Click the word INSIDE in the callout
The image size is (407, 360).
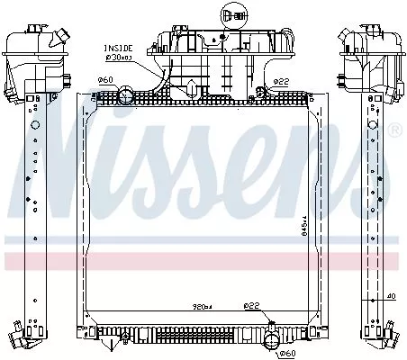pos(117,47)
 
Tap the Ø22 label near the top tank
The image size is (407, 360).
pos(282,81)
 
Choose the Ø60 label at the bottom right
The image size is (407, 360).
pos(287,352)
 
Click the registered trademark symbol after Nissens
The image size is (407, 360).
pos(393,131)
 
